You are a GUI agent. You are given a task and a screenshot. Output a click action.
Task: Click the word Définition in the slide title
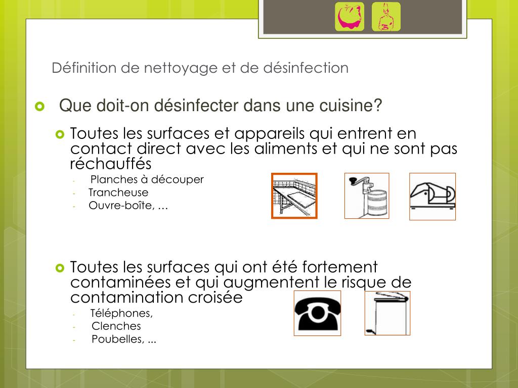click(x=84, y=68)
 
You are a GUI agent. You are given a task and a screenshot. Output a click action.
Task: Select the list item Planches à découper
click(x=147, y=179)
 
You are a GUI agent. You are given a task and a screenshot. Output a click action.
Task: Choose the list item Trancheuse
click(x=118, y=192)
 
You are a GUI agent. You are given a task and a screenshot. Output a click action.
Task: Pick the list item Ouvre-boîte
click(x=120, y=205)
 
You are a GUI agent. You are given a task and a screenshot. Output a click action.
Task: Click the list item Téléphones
click(x=121, y=313)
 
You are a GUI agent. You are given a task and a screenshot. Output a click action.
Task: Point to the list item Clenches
click(x=116, y=326)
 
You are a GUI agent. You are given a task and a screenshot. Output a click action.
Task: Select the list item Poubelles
click(x=117, y=339)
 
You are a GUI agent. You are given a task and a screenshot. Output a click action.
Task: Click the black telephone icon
click(x=318, y=313)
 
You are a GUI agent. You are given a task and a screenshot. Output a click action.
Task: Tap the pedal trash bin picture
click(x=387, y=313)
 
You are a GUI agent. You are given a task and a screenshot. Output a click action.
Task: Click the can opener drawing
click(x=367, y=196)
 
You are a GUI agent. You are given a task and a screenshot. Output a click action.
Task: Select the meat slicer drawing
click(x=433, y=197)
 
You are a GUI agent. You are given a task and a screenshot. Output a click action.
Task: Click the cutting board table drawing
click(x=294, y=196)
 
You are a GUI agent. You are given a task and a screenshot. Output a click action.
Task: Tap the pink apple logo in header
click(x=350, y=17)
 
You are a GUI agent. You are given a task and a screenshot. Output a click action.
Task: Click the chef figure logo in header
click(x=386, y=17)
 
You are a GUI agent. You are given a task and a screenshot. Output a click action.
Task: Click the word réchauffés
click(x=111, y=163)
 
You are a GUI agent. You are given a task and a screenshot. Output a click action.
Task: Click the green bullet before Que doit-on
click(x=39, y=106)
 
